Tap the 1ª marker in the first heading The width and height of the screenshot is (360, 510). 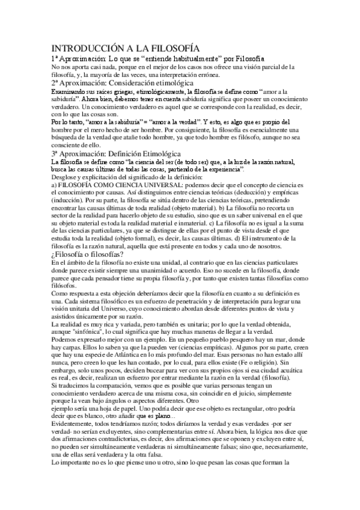point(56,58)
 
